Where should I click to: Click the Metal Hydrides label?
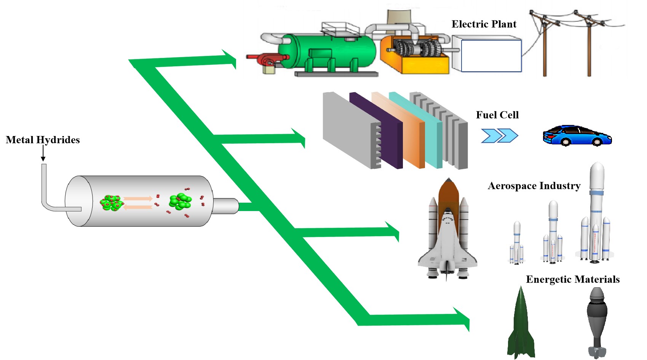coord(43,140)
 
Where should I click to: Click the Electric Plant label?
coord(484,24)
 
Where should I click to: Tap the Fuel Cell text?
coord(497,115)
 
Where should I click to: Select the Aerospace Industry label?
coord(534,186)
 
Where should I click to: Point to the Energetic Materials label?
coord(572,280)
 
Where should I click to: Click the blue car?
coord(577,136)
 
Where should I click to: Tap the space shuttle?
coord(448,232)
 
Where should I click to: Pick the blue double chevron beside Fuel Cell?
coord(499,136)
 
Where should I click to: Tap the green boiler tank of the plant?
coord(327,51)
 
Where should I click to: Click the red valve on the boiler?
coord(267,59)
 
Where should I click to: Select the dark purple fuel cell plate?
coord(375,130)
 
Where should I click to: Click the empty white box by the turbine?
coord(490,56)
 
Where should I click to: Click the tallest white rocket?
coord(596,213)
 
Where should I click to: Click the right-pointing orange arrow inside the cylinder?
coord(138,198)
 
